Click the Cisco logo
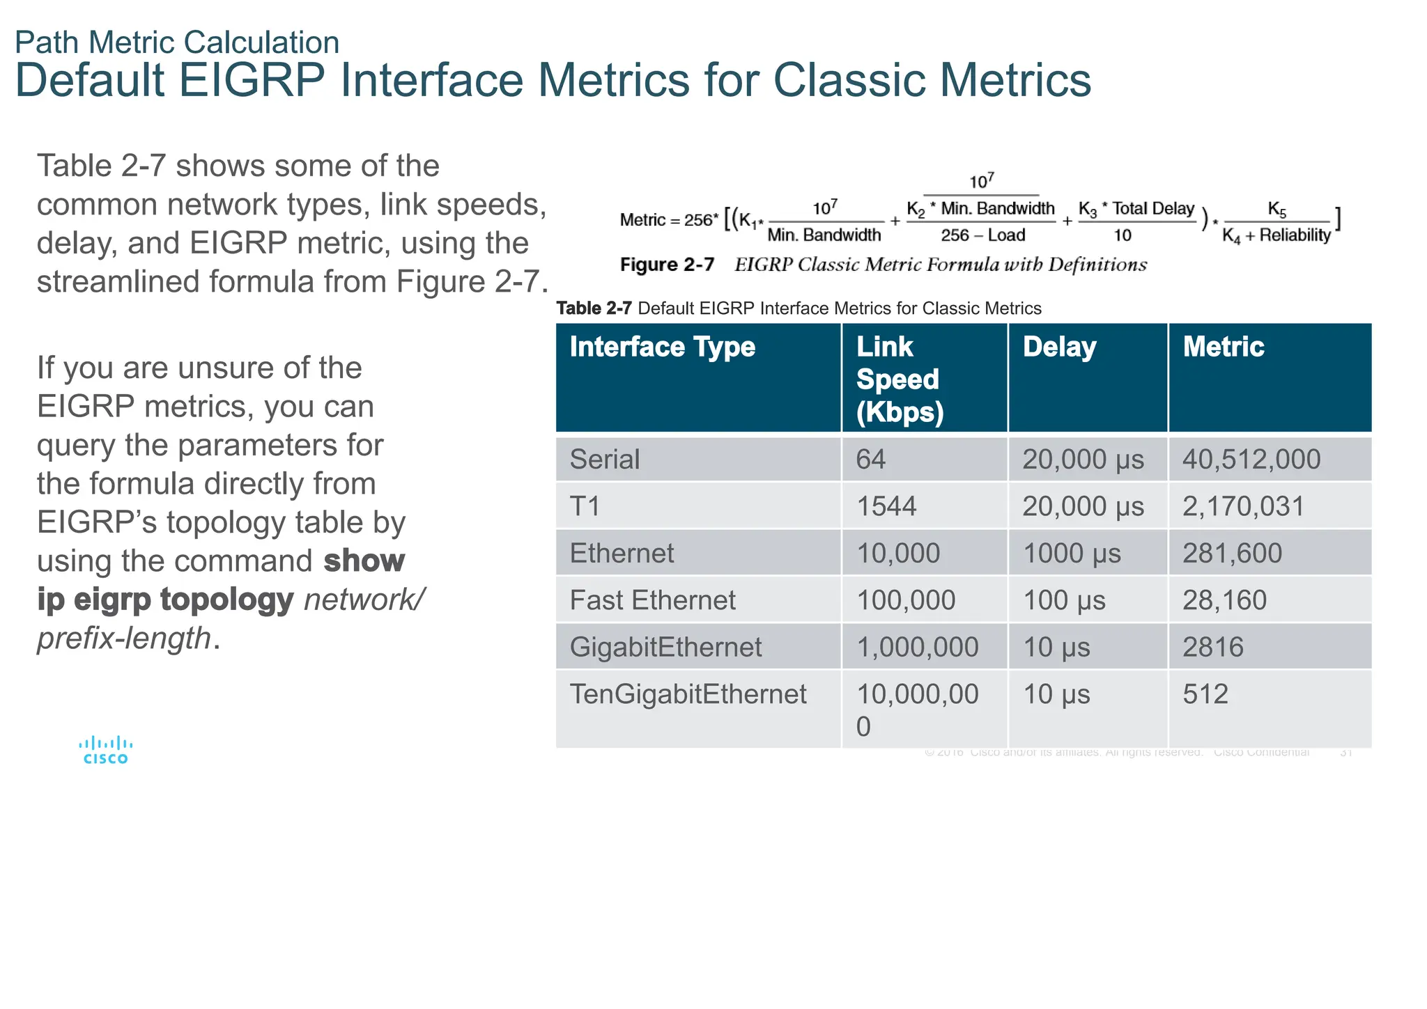[x=105, y=751]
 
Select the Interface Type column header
[x=662, y=347]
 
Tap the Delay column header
[x=1059, y=347]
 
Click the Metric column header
[x=1223, y=347]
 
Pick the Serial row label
[x=604, y=460]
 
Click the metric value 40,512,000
[x=1251, y=460]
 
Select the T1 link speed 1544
[x=886, y=506]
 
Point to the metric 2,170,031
[x=1243, y=506]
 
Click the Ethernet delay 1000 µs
[x=1072, y=554]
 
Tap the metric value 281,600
[x=1232, y=554]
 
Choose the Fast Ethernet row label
[x=652, y=600]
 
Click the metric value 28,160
[x=1224, y=600]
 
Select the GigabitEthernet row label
[x=665, y=648]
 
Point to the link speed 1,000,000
[x=917, y=648]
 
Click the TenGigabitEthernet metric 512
[x=1205, y=694]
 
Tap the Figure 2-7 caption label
[x=667, y=265]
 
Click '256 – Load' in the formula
[x=982, y=235]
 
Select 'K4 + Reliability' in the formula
[x=1276, y=236]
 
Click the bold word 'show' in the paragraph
[x=364, y=561]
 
